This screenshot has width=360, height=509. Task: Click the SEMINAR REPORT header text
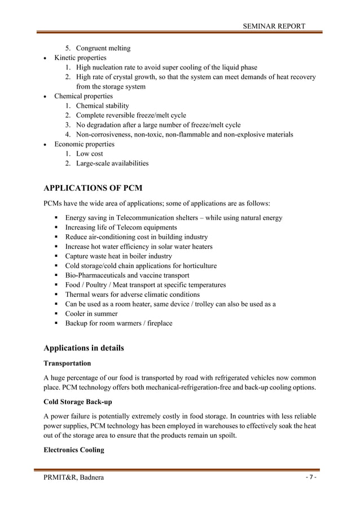pyautogui.click(x=274, y=26)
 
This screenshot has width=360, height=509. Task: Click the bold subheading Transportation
pyautogui.click(x=67, y=363)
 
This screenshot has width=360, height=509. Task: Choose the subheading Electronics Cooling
pyautogui.click(x=73, y=451)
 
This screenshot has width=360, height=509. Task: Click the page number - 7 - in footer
pyautogui.click(x=310, y=478)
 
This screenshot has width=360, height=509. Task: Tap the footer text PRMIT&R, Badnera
pyautogui.click(x=73, y=479)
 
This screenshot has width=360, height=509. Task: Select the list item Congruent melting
pyautogui.click(x=103, y=48)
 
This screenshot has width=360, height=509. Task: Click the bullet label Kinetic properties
pyautogui.click(x=80, y=58)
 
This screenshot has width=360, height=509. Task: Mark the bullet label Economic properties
pyautogui.click(x=84, y=144)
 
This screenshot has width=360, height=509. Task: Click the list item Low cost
pyautogui.click(x=89, y=153)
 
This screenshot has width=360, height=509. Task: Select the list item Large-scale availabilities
pyautogui.click(x=112, y=163)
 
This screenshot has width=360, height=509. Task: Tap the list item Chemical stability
pyautogui.click(x=102, y=106)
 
